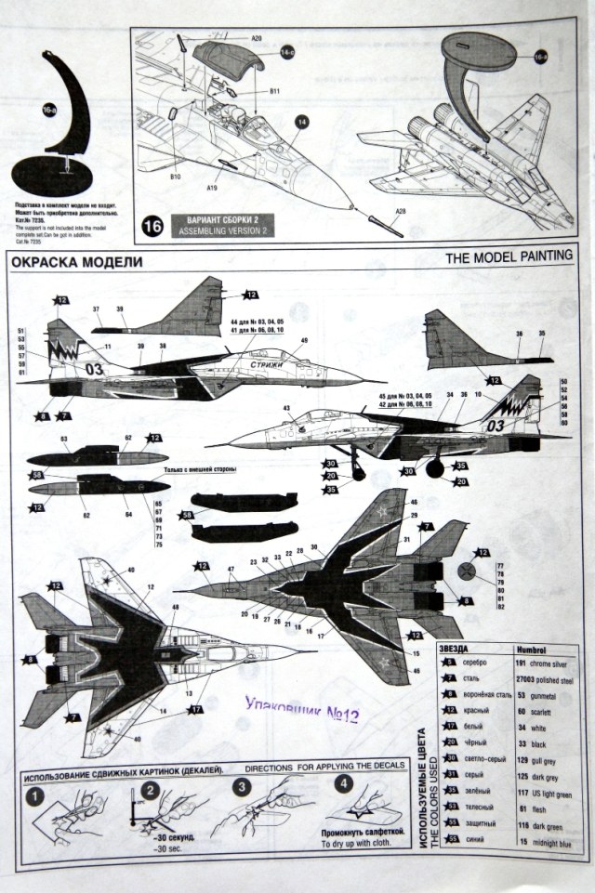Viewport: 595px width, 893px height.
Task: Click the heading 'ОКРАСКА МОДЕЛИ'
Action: tap(77, 263)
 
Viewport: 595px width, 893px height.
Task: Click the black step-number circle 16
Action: tap(153, 226)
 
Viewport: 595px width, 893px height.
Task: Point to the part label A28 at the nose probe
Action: tap(400, 211)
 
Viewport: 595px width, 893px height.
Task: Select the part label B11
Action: tap(275, 91)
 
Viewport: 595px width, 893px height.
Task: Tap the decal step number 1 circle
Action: tap(33, 796)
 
